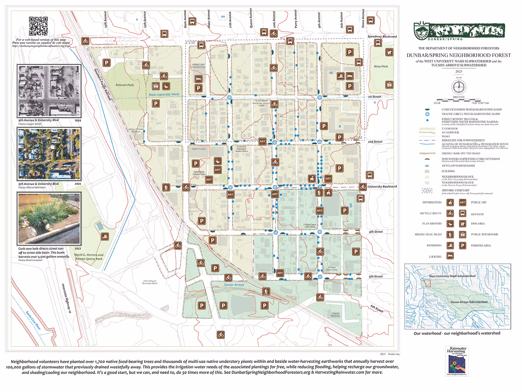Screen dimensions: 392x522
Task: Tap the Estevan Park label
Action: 125,85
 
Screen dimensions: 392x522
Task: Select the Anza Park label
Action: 380,67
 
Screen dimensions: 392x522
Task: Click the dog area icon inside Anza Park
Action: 390,53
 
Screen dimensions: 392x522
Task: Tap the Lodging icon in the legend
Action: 450,256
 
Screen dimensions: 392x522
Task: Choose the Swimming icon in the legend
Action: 450,246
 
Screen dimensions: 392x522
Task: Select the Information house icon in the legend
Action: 450,203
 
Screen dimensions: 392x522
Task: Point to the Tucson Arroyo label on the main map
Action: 234,285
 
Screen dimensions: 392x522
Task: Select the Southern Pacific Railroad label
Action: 102,82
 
